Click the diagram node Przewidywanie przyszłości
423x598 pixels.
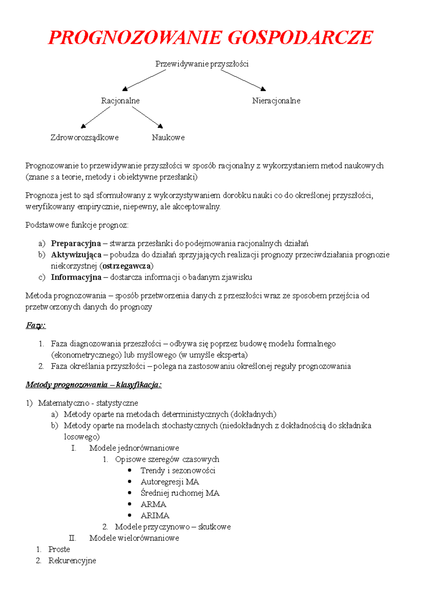(202, 64)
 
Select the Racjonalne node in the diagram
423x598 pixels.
(120, 101)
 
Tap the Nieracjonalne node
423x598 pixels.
(276, 101)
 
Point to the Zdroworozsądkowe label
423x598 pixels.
(84, 138)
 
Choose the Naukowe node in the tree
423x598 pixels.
(168, 138)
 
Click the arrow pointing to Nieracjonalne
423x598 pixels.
(243, 80)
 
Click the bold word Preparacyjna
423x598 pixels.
(76, 243)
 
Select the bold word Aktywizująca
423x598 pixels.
(76, 255)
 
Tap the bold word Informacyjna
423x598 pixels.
(76, 277)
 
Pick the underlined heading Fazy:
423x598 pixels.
(36, 325)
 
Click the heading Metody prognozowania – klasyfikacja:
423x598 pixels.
(93, 385)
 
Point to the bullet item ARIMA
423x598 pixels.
(155, 516)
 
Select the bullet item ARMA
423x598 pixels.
(153, 504)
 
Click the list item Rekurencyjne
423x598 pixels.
(72, 561)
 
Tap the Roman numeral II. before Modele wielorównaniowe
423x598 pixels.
(72, 538)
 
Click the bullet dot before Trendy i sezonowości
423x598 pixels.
(130, 470)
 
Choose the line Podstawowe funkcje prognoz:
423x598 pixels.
(77, 225)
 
